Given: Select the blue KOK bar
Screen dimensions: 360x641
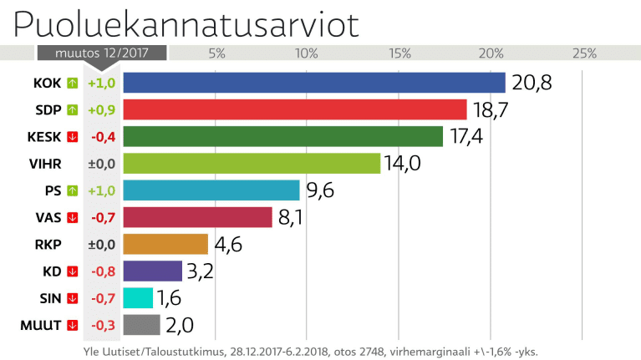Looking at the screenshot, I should pos(314,83).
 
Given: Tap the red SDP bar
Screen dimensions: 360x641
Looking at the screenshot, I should pos(295,109).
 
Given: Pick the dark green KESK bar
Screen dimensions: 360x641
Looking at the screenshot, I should pos(283,136).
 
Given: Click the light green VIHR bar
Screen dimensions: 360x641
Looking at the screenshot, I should pos(252,163).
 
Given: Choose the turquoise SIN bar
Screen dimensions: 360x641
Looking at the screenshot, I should pos(138,297).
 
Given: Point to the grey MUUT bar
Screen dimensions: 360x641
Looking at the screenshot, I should pos(141,324).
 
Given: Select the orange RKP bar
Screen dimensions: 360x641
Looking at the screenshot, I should pos(165,244).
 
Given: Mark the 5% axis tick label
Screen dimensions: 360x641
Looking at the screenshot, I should pos(216,53).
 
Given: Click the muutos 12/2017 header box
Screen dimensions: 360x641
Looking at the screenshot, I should pos(101,53).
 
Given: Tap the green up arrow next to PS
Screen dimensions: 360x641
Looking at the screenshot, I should pos(72,190).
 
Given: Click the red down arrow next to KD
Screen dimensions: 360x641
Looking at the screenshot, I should pos(72,271).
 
